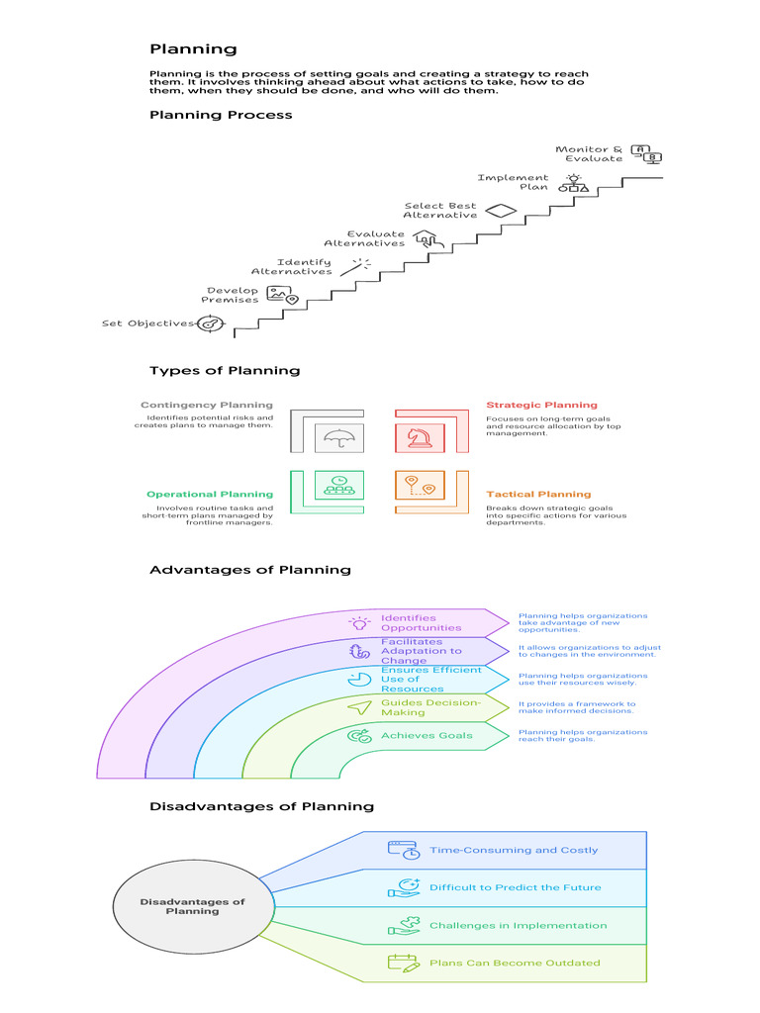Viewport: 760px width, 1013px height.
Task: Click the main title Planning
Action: [x=193, y=48]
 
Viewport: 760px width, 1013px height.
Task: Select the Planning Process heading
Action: [x=221, y=115]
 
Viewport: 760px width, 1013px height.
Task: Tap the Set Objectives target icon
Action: [x=210, y=323]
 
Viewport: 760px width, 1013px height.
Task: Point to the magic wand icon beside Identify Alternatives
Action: [x=357, y=265]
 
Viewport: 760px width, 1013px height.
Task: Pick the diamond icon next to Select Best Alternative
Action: [x=502, y=210]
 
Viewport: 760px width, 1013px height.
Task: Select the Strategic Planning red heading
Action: [x=541, y=405]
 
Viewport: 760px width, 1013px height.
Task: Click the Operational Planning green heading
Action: [x=210, y=495]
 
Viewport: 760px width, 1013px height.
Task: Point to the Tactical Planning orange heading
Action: [x=537, y=495]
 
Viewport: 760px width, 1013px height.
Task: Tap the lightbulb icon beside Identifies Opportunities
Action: [x=359, y=623]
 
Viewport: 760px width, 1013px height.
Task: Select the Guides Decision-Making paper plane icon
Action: [x=359, y=707]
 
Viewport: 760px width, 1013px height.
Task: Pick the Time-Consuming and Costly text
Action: [x=514, y=850]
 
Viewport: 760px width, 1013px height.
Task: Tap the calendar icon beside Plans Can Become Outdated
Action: [x=404, y=963]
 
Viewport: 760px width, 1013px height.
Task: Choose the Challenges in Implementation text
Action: [x=518, y=925]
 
